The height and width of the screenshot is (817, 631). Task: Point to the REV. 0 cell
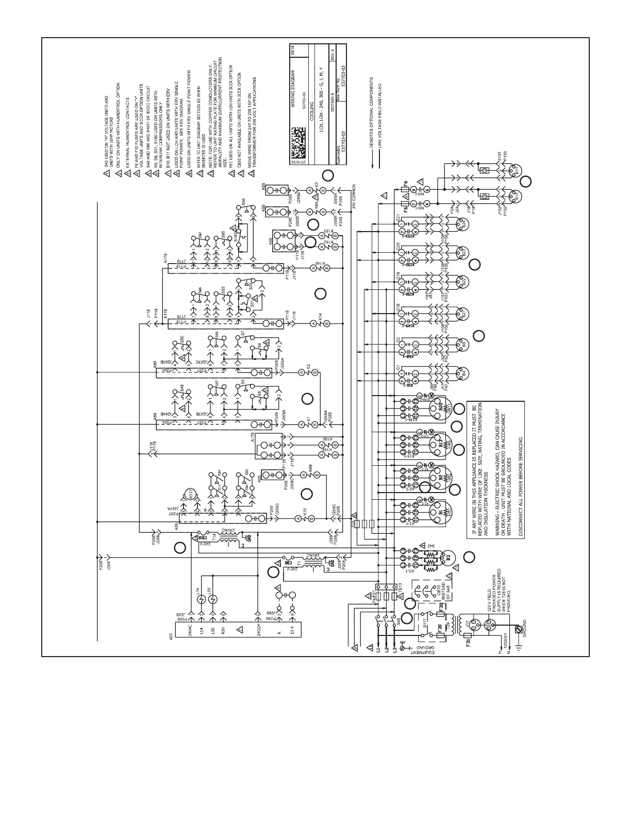coord(332,55)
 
